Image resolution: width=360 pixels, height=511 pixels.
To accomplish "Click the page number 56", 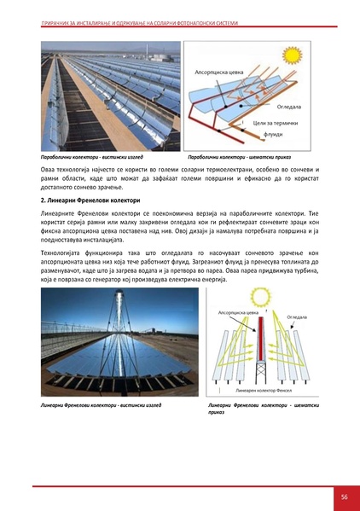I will click(x=344, y=496).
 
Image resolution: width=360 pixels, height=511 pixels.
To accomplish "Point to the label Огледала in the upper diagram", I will click(x=290, y=107).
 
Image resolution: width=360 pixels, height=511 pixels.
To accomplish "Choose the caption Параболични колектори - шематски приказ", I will click(x=240, y=158).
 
